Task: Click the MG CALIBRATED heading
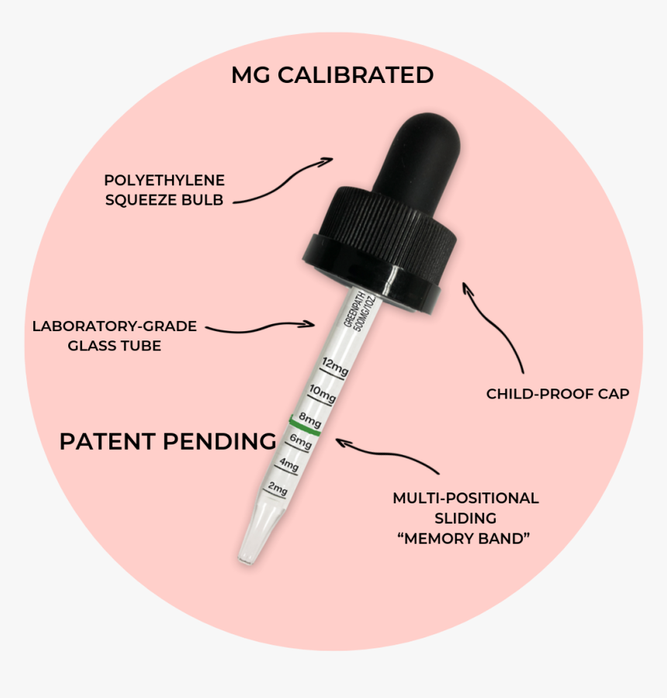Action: (x=332, y=74)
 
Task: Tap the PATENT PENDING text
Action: (x=168, y=441)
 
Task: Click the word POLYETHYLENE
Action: (x=164, y=180)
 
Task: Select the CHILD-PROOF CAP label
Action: (x=558, y=394)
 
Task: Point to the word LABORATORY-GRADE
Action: (x=115, y=327)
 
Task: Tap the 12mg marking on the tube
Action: (x=335, y=367)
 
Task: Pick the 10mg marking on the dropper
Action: (x=323, y=393)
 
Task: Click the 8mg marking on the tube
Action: (x=309, y=419)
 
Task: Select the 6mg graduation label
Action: (x=301, y=441)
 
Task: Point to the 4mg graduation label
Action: (x=289, y=465)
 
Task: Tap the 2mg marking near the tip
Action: (x=278, y=489)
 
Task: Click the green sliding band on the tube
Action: (x=306, y=427)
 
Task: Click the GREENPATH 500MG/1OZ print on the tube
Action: (x=360, y=311)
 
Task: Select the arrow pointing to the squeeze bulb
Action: (x=282, y=182)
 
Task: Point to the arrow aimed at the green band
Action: (x=386, y=453)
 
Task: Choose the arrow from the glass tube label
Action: (x=260, y=328)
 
